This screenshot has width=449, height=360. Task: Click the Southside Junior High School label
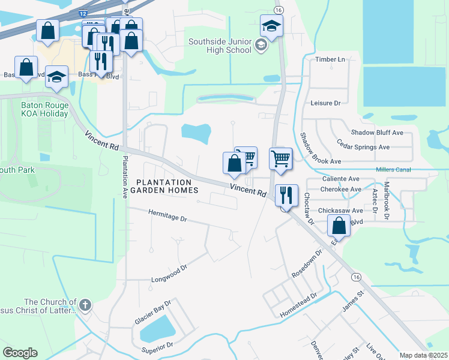click(x=220, y=46)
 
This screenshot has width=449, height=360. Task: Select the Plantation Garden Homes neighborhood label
click(x=164, y=186)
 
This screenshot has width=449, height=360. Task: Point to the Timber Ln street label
click(x=330, y=59)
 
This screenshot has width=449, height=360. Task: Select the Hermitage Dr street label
click(x=159, y=216)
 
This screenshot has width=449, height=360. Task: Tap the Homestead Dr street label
click(x=298, y=306)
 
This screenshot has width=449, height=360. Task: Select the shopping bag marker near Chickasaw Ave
click(x=339, y=227)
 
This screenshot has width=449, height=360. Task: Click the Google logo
click(x=20, y=353)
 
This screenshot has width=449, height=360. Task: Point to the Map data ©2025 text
click(x=423, y=355)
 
